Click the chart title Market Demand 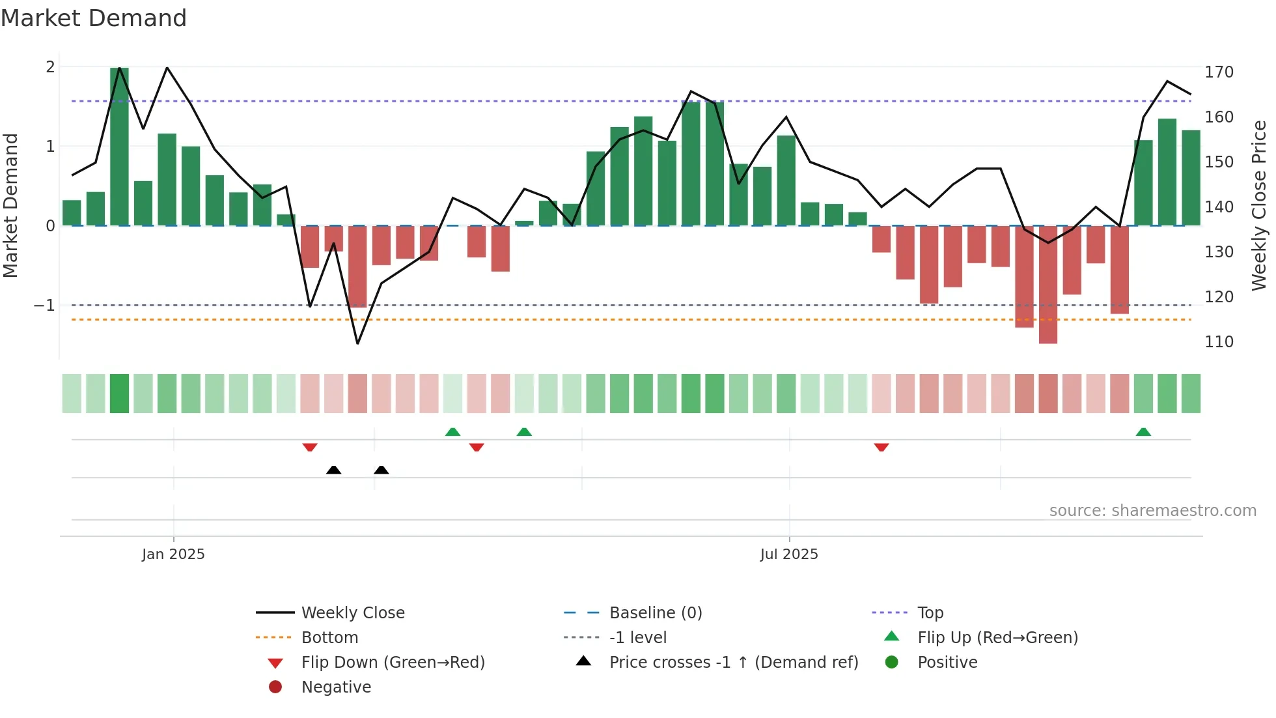94,18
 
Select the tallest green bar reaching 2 119,147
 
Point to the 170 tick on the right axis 1219,72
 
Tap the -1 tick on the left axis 44,306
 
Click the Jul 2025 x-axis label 788,554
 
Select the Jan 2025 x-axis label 173,554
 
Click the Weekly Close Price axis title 1259,205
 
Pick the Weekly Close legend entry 352,613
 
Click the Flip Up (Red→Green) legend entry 997,638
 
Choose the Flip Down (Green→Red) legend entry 393,663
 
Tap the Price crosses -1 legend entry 733,663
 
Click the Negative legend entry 336,687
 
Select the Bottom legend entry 329,638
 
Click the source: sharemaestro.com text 1152,511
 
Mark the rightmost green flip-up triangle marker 1143,432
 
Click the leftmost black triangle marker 333,470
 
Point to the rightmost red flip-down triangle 881,447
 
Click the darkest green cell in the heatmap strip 119,394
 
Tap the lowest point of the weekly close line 357,343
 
